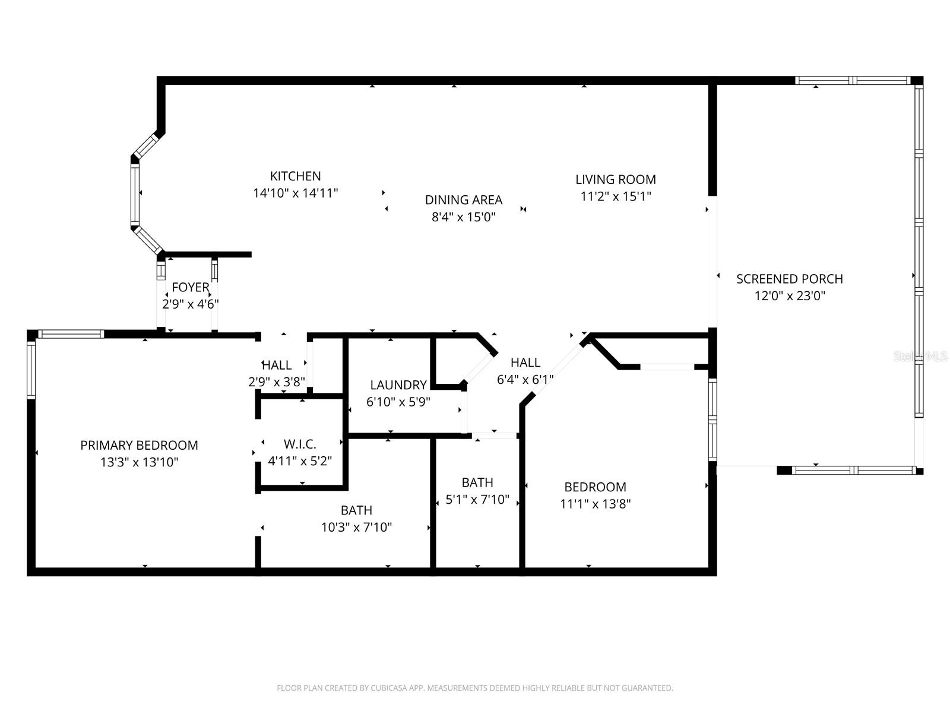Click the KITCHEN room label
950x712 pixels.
(295, 176)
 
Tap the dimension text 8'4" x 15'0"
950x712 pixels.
(463, 217)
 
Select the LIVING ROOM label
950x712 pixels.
(615, 179)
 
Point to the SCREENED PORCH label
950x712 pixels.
(789, 279)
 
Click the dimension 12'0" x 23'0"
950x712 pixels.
(790, 296)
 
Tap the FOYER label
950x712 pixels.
(190, 288)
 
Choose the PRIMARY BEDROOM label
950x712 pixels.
(139, 445)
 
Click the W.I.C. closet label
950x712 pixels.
(300, 444)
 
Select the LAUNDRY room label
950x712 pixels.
(398, 385)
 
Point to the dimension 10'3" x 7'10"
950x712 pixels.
(356, 527)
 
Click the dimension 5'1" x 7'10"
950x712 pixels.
(477, 500)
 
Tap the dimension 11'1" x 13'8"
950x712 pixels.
(595, 504)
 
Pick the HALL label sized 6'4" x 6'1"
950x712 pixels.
(525, 363)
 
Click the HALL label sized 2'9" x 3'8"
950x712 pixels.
(277, 365)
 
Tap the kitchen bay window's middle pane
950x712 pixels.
(135, 193)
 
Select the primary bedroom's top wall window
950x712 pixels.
(71, 334)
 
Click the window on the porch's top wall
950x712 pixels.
(853, 81)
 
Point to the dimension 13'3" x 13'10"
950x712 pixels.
(139, 462)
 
